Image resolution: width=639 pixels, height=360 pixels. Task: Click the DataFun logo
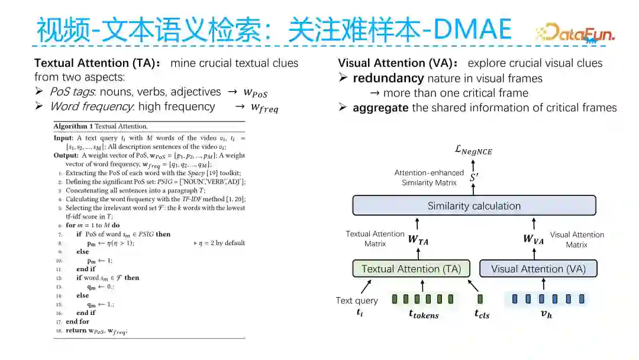tap(574, 32)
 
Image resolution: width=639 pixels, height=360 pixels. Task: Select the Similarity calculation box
tap(474, 206)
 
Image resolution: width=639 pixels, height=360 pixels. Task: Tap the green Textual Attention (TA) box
tap(411, 269)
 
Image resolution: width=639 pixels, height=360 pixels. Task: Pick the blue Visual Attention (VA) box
tap(538, 269)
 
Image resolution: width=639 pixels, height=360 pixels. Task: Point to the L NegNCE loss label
tap(473, 151)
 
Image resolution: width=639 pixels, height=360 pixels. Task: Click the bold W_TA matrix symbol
tap(418, 239)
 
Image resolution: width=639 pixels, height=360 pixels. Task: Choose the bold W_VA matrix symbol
tap(534, 239)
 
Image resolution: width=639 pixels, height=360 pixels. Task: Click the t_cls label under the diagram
tap(482, 314)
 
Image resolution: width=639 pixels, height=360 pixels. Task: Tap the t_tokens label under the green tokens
tap(424, 314)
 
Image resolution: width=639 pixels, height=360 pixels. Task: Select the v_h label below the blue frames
tap(546, 314)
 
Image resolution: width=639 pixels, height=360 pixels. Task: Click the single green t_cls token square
tap(480, 299)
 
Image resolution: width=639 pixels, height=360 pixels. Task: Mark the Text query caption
tap(357, 301)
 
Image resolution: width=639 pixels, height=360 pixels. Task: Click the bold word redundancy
tap(388, 78)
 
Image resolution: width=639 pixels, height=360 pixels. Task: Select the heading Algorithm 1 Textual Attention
tap(101, 126)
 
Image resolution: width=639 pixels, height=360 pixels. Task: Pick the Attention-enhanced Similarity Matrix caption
tap(429, 178)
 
